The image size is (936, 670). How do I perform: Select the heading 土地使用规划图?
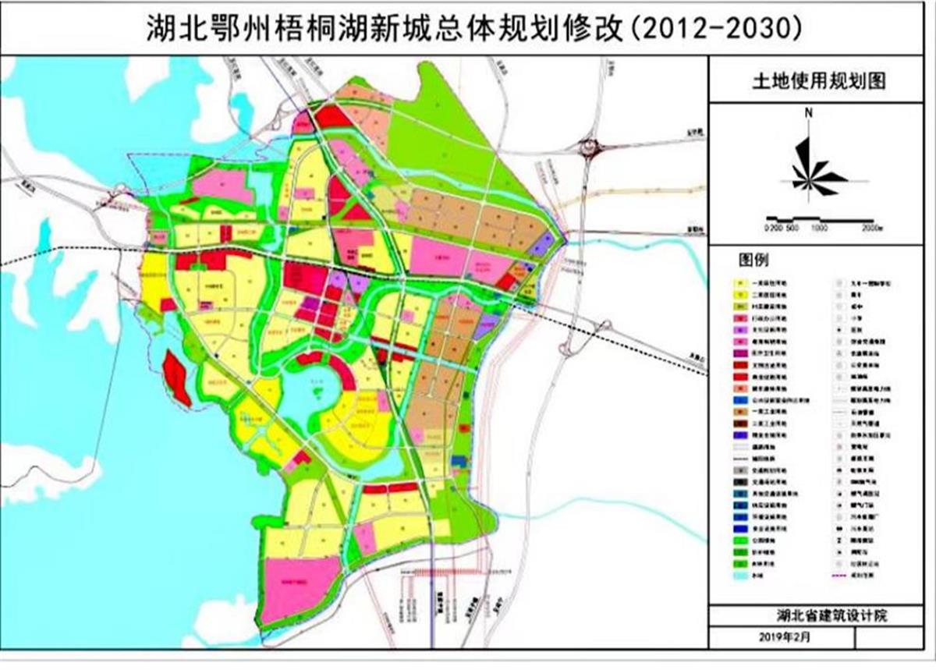(x=820, y=80)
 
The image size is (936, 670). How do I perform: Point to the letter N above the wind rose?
(x=810, y=113)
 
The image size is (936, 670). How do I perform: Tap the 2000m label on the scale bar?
(x=871, y=228)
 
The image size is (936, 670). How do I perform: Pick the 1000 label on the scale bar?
(x=818, y=228)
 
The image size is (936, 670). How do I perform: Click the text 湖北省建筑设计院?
(x=820, y=615)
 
